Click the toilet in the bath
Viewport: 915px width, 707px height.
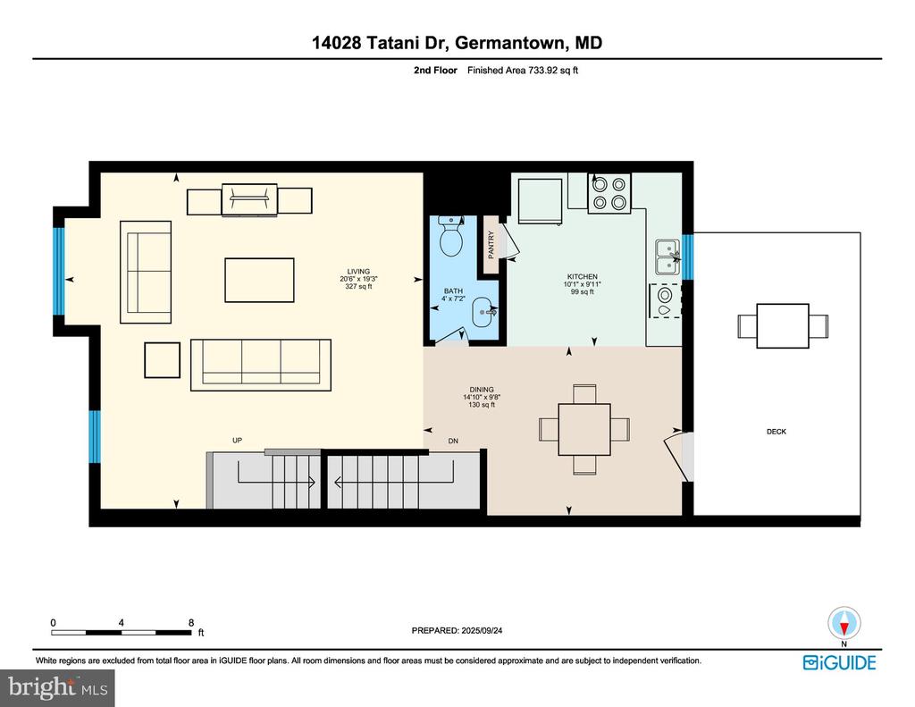[x=450, y=236]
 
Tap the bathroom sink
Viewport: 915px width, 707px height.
[x=483, y=312]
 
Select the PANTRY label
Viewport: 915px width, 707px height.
[x=491, y=245]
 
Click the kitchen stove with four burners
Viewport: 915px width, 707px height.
[x=609, y=193]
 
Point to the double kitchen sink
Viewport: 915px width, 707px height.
[x=667, y=257]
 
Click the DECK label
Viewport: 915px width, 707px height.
[x=776, y=432]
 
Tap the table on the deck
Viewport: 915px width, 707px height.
[x=783, y=325]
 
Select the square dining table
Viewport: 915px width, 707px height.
[x=584, y=429]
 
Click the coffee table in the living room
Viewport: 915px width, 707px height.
[x=259, y=281]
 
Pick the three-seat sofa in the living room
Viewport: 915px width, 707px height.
[x=261, y=365]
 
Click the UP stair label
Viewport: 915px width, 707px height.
[x=237, y=440]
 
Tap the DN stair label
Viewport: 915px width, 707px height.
[x=453, y=441]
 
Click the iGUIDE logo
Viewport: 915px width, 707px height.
[x=839, y=662]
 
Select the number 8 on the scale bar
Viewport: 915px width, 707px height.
[x=191, y=623]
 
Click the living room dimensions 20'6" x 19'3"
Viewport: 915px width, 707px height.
[x=358, y=279]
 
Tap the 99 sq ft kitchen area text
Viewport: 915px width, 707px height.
[x=582, y=292]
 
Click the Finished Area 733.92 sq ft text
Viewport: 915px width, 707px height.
[x=522, y=70]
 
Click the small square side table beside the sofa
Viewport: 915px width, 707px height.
[x=163, y=360]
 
